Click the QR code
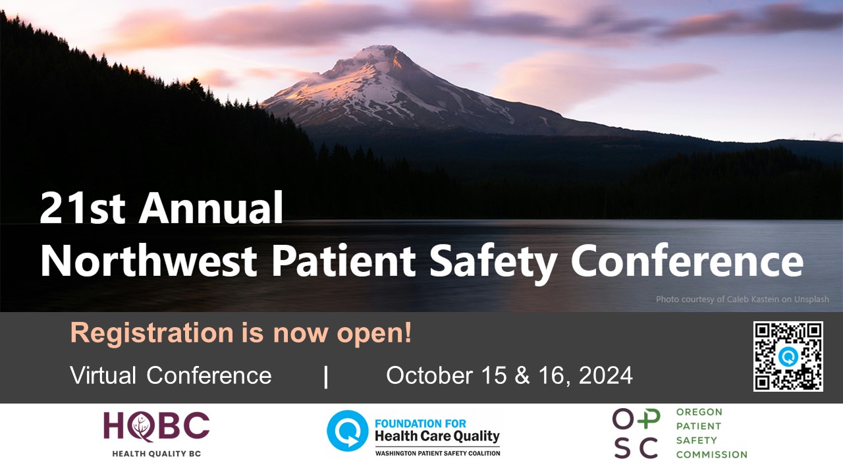pos(788,356)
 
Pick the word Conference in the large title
pos(687,261)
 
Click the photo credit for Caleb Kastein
pos(742,300)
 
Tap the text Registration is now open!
pos(241,333)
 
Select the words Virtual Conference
pos(171,375)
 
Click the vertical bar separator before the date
pos(326,376)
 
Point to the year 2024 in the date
pos(606,375)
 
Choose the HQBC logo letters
pos(156,427)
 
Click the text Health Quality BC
pos(156,454)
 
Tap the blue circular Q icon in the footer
pos(347,431)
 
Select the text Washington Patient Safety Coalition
pos(437,453)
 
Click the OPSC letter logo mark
pos(635,433)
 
